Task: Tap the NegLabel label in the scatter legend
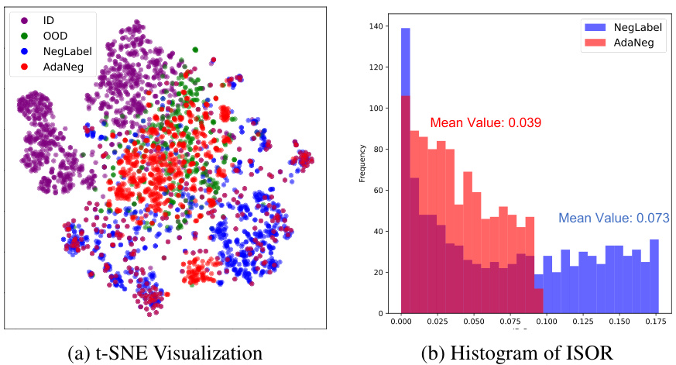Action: pyautogui.click(x=65, y=50)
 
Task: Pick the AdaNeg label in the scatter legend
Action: pyautogui.click(x=61, y=67)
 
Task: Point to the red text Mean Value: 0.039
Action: pyautogui.click(x=485, y=122)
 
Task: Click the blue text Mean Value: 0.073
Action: pyautogui.click(x=613, y=219)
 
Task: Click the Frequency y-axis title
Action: pyautogui.click(x=362, y=170)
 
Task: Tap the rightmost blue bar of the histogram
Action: pyautogui.click(x=654, y=279)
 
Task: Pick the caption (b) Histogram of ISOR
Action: pyautogui.click(x=517, y=352)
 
